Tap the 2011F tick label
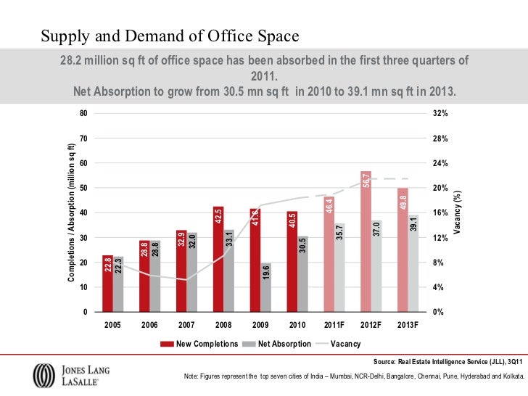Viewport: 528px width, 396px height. (x=334, y=326)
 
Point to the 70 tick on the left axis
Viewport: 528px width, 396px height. (x=83, y=139)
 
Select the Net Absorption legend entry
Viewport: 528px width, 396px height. (x=279, y=344)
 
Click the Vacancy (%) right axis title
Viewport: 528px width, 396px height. (x=458, y=212)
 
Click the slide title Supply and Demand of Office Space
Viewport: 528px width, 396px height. (x=169, y=36)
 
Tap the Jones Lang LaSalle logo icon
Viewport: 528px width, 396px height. (x=43, y=376)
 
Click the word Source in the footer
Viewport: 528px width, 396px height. (x=384, y=360)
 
